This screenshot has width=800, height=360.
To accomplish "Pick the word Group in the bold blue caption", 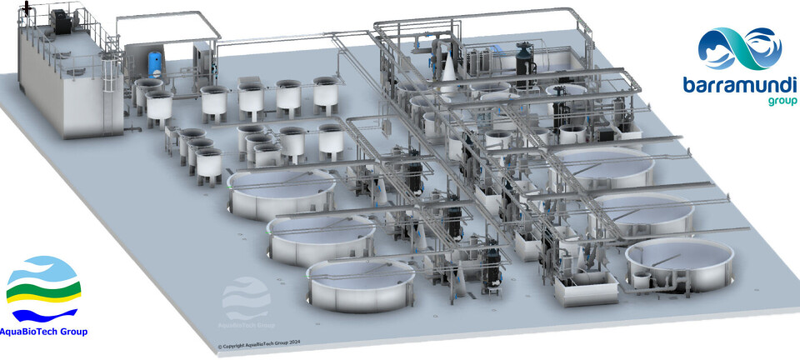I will click(x=74, y=332).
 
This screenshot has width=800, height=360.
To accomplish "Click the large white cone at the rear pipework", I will click(x=449, y=73).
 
